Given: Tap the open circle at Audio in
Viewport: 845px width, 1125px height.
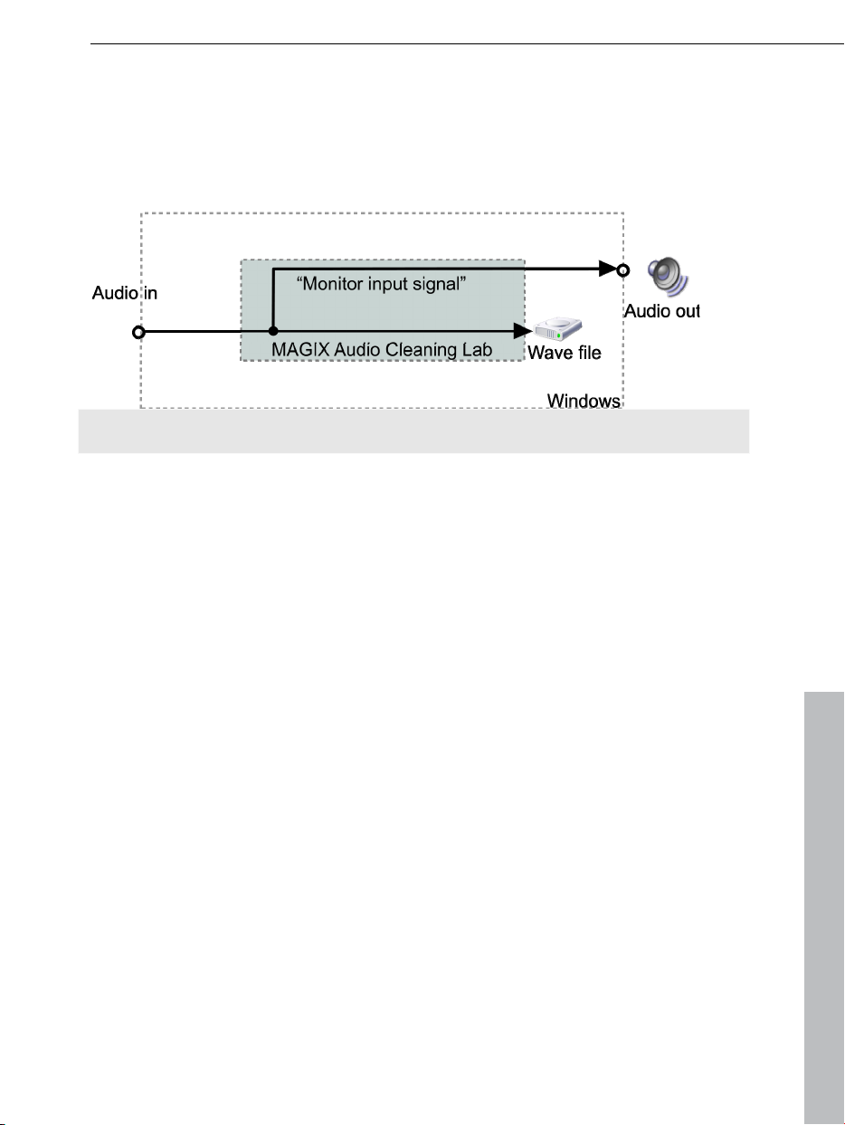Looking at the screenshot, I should click(138, 332).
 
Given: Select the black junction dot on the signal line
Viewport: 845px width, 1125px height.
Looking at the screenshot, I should click(272, 332).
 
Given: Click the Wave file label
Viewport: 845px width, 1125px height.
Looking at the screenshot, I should click(565, 354).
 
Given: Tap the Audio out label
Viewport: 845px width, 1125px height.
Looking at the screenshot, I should click(662, 311).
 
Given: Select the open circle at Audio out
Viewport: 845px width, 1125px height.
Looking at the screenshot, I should click(622, 269).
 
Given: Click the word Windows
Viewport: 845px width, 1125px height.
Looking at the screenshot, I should click(584, 401).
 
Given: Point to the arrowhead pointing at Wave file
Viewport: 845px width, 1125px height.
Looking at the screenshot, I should click(518, 332).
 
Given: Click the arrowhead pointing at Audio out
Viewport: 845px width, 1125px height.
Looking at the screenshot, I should click(606, 269).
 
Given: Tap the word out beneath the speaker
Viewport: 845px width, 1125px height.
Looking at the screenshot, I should click(686, 311).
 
